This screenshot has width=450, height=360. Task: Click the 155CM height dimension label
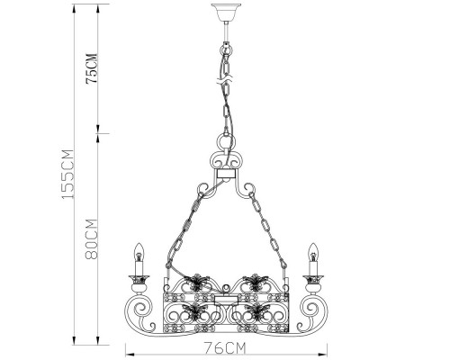(67, 174)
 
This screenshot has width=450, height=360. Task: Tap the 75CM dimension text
(92, 68)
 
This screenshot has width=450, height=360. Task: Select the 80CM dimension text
(92, 239)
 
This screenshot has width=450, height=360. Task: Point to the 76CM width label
(225, 348)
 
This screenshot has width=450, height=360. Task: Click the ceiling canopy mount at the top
(226, 12)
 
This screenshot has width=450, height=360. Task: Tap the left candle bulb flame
(139, 251)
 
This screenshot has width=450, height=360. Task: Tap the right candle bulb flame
(313, 251)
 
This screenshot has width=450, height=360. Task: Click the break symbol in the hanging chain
(226, 79)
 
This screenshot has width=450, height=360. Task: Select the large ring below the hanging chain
(226, 141)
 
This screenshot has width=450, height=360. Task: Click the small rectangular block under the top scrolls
(226, 174)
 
